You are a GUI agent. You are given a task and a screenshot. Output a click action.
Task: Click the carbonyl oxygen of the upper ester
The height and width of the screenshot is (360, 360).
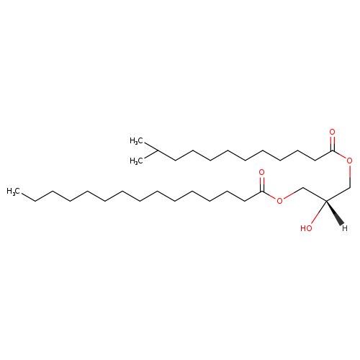332,132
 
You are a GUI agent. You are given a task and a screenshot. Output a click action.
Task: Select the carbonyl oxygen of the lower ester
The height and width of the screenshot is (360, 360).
261,172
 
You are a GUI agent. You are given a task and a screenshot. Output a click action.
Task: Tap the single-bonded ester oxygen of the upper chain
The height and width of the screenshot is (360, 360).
350,161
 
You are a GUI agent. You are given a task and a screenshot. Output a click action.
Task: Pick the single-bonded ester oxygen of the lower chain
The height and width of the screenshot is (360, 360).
279,201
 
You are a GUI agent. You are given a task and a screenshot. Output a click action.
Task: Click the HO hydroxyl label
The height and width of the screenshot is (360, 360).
306,228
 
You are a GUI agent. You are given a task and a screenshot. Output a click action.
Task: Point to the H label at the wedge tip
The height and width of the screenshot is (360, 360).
345,228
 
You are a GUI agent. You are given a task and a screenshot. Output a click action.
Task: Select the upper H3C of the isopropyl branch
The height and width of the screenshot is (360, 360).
136,140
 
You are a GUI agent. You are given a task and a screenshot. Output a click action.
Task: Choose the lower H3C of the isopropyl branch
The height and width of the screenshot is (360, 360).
136,161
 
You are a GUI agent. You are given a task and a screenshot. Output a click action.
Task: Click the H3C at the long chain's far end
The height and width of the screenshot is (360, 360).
14,192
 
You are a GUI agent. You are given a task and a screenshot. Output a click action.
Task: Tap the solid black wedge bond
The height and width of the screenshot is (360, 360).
334,212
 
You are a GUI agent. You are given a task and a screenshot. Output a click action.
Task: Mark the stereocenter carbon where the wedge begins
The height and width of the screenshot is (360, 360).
326,201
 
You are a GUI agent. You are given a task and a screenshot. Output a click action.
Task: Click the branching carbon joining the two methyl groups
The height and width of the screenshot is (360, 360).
158,150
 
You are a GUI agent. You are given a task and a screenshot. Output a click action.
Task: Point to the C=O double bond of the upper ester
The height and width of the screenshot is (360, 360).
332,143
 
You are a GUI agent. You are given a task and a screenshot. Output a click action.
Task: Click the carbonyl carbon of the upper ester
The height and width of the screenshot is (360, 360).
333,150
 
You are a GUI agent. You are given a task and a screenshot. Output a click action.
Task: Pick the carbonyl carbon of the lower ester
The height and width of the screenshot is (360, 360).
262,192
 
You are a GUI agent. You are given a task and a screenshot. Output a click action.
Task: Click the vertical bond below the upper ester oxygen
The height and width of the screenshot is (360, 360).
350,176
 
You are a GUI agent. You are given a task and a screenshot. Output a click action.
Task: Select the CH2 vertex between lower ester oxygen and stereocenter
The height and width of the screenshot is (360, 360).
303,188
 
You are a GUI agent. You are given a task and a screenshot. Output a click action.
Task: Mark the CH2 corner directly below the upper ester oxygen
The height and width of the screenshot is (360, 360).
350,187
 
